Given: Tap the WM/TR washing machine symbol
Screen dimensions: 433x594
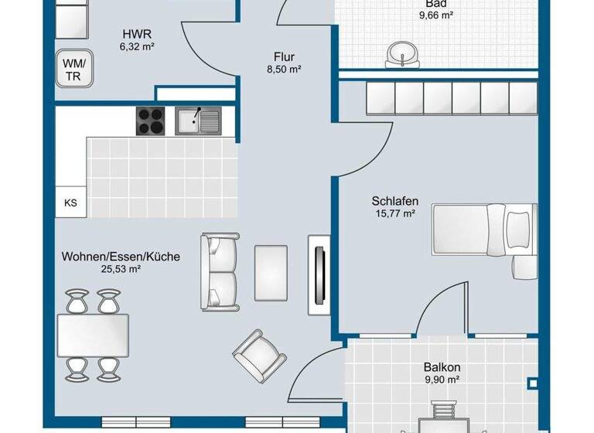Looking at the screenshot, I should (74, 68).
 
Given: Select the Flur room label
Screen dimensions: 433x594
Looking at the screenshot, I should (284, 56).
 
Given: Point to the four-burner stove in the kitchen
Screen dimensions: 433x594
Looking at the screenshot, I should (152, 121).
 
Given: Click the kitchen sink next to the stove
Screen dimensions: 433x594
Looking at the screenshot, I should (197, 121).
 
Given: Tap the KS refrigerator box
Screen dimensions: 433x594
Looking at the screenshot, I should (70, 203).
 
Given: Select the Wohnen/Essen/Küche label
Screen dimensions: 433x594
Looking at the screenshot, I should (121, 256).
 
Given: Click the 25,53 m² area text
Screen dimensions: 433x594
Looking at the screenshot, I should (121, 269).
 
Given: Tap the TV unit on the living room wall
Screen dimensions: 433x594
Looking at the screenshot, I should (318, 274).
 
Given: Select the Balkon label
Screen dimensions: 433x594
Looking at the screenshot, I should (442, 367).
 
